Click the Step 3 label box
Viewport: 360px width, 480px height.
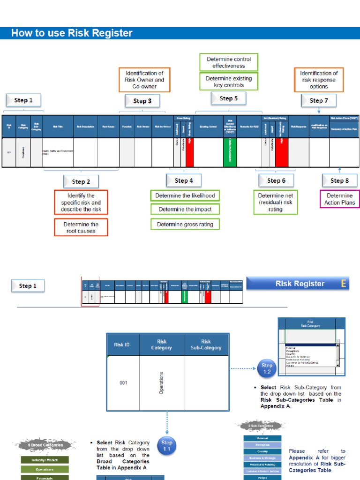pyautogui.click(x=142, y=101)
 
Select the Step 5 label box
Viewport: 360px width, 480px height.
pyautogui.click(x=229, y=98)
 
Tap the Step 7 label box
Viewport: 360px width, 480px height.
pyautogui.click(x=319, y=100)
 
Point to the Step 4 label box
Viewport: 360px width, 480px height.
pyautogui.click(x=184, y=180)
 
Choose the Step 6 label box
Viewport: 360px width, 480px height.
pyautogui.click(x=277, y=180)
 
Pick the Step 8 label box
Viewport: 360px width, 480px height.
pyautogui.click(x=340, y=180)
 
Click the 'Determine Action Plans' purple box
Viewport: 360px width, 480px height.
pyautogui.click(x=340, y=199)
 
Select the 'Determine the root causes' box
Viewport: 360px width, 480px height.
pyautogui.click(x=81, y=228)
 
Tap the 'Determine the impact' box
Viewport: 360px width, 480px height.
pyautogui.click(x=185, y=210)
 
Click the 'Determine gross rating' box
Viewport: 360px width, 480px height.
pyautogui.click(x=185, y=225)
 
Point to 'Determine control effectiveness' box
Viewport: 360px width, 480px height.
pyautogui.click(x=229, y=62)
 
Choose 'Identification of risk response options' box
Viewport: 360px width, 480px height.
pyautogui.click(x=319, y=80)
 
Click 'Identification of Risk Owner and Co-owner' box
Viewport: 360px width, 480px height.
pyautogui.click(x=144, y=80)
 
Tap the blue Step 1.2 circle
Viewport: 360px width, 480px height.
pyautogui.click(x=267, y=368)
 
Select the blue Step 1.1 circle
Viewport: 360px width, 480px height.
pyautogui.click(x=167, y=445)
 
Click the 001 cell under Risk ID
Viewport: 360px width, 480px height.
pyautogui.click(x=123, y=383)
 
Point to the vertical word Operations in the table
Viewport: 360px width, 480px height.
pyautogui.click(x=161, y=383)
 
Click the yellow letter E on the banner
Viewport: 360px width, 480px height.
pyautogui.click(x=344, y=284)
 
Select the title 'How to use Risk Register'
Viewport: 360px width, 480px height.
pyautogui.click(x=72, y=33)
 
